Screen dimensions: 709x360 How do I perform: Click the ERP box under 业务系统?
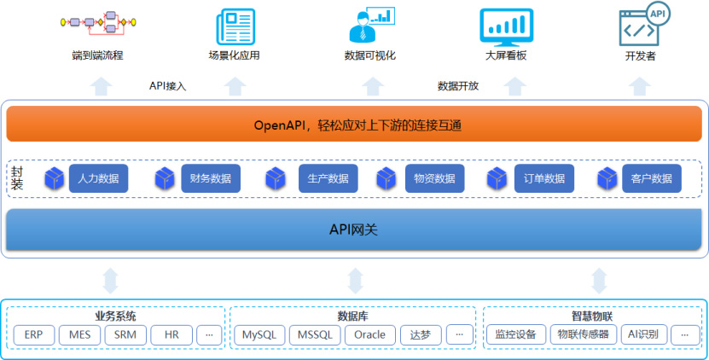coord(34,335)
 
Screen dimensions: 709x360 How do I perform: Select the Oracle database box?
coord(370,335)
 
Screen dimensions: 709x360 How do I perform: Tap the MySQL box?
coord(259,335)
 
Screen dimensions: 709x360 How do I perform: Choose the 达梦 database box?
coord(421,335)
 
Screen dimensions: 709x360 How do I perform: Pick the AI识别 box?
coord(643,335)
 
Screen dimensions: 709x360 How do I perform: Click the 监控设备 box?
coord(516,335)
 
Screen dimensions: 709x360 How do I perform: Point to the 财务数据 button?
coord(211,178)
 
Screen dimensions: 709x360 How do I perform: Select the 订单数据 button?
coord(544,178)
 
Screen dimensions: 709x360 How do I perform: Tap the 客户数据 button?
coord(652,178)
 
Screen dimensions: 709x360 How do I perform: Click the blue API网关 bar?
coord(353,229)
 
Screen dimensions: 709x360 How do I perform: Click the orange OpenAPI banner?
coord(353,124)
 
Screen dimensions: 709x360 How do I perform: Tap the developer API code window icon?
coord(643,24)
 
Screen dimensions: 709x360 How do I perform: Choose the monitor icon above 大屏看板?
coord(507,27)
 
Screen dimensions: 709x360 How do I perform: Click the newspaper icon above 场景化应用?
coord(235,27)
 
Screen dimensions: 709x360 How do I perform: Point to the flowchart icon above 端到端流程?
coord(98,23)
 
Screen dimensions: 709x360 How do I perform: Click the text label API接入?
coord(168,86)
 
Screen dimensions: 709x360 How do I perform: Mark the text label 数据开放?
coord(458,86)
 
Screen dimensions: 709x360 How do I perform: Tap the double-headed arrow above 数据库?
coord(355,281)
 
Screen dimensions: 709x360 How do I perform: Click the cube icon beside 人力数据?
coord(55,178)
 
